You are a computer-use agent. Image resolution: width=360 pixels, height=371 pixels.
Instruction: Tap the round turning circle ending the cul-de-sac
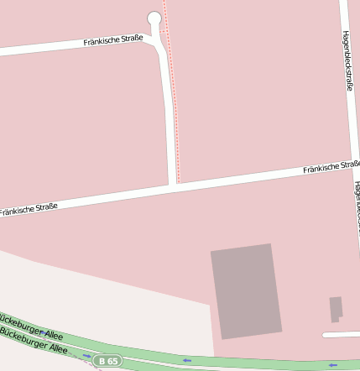click(x=154, y=18)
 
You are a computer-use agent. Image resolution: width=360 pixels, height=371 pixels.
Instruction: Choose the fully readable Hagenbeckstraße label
click(x=347, y=60)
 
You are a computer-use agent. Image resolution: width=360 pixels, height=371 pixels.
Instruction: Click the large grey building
click(x=246, y=290)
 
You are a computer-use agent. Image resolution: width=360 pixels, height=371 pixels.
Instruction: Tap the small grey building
click(x=336, y=308)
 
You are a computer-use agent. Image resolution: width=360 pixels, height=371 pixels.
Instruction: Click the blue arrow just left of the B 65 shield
click(x=86, y=355)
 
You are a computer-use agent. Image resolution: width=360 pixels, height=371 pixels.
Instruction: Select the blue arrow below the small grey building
click(x=333, y=365)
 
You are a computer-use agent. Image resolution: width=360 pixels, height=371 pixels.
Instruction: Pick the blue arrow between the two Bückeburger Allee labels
click(x=42, y=334)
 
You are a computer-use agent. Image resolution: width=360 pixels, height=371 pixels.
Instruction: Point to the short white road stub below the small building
click(x=341, y=334)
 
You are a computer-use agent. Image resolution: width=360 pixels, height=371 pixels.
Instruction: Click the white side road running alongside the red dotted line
click(x=169, y=109)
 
